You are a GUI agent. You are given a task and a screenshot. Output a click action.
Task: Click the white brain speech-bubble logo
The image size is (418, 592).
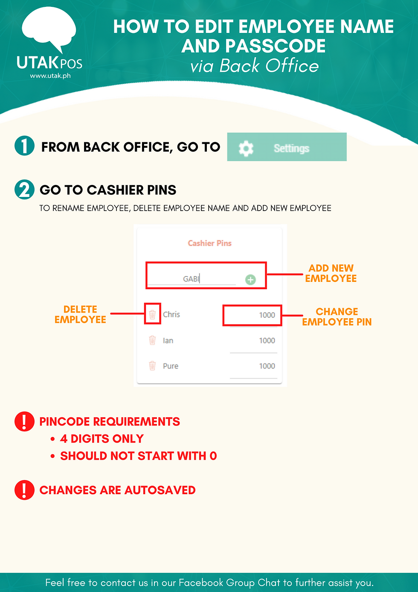pyautogui.click(x=49, y=29)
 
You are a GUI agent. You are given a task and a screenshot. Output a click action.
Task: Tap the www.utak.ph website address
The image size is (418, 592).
pyautogui.click(x=50, y=76)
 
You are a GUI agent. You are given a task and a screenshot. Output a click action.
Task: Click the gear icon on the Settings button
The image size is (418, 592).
pyautogui.click(x=246, y=148)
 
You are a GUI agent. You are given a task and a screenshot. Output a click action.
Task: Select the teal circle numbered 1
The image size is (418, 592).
pyautogui.click(x=25, y=146)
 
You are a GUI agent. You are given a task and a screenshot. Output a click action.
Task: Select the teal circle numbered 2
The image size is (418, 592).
pyautogui.click(x=25, y=190)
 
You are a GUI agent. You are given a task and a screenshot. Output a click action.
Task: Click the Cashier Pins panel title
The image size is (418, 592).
pyautogui.click(x=209, y=243)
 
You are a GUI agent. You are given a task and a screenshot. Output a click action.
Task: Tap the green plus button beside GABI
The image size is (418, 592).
pyautogui.click(x=250, y=280)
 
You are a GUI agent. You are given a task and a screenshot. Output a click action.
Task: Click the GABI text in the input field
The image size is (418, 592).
pyautogui.click(x=191, y=279)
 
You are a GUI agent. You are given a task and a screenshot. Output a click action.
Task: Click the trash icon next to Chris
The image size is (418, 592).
pyautogui.click(x=152, y=314)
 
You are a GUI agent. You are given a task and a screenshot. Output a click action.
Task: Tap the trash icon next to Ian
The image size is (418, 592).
pyautogui.click(x=152, y=340)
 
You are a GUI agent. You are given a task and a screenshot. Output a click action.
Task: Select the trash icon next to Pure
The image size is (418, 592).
pyautogui.click(x=152, y=366)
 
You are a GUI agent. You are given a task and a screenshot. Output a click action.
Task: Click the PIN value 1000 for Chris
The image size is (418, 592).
pyautogui.click(x=267, y=315)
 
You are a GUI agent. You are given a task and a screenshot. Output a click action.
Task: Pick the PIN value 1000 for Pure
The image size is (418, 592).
pyautogui.click(x=267, y=366)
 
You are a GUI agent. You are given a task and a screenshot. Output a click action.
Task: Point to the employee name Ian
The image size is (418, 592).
pyautogui.click(x=168, y=341)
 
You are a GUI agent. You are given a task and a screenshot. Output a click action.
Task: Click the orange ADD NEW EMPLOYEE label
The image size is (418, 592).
pyautogui.click(x=331, y=273)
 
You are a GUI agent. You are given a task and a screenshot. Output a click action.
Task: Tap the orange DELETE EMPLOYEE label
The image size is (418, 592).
pyautogui.click(x=80, y=314)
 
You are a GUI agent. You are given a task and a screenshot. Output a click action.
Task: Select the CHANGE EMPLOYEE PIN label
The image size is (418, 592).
pyautogui.click(x=337, y=317)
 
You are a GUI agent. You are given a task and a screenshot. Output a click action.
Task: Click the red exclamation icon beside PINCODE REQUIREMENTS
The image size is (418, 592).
pyautogui.click(x=25, y=422)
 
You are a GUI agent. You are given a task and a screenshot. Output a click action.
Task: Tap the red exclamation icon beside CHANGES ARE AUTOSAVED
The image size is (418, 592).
pyautogui.click(x=25, y=490)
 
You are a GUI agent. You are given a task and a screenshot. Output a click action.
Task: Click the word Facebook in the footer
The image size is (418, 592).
pyautogui.click(x=201, y=583)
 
